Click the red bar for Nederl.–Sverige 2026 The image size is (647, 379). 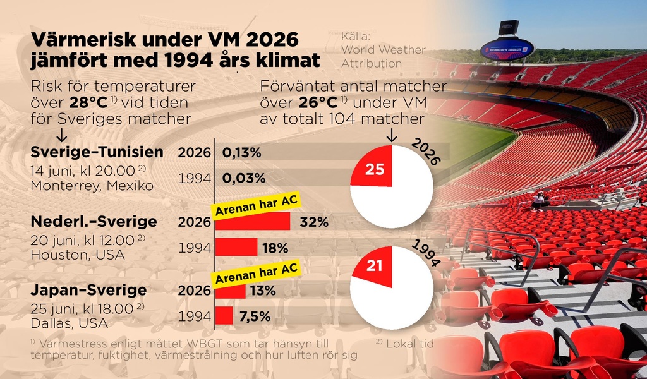(x=253, y=222)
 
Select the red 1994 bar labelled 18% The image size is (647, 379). (x=236, y=247)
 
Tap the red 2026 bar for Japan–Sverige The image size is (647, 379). (x=230, y=291)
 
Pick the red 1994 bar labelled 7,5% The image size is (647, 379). (x=224, y=315)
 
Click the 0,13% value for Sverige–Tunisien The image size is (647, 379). (x=241, y=153)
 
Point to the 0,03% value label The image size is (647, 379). (x=243, y=178)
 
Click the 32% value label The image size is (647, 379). (x=314, y=222)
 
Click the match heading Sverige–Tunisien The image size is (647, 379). (x=97, y=152)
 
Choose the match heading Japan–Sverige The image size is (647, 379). (x=88, y=290)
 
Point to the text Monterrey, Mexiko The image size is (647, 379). (x=92, y=186)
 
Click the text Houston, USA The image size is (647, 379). (x=78, y=255)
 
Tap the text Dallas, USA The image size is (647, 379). (x=70, y=323)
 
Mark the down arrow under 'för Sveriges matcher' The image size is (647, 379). (x=61, y=135)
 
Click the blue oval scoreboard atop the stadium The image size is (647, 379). (x=507, y=49)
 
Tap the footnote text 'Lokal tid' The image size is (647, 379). (x=409, y=344)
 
